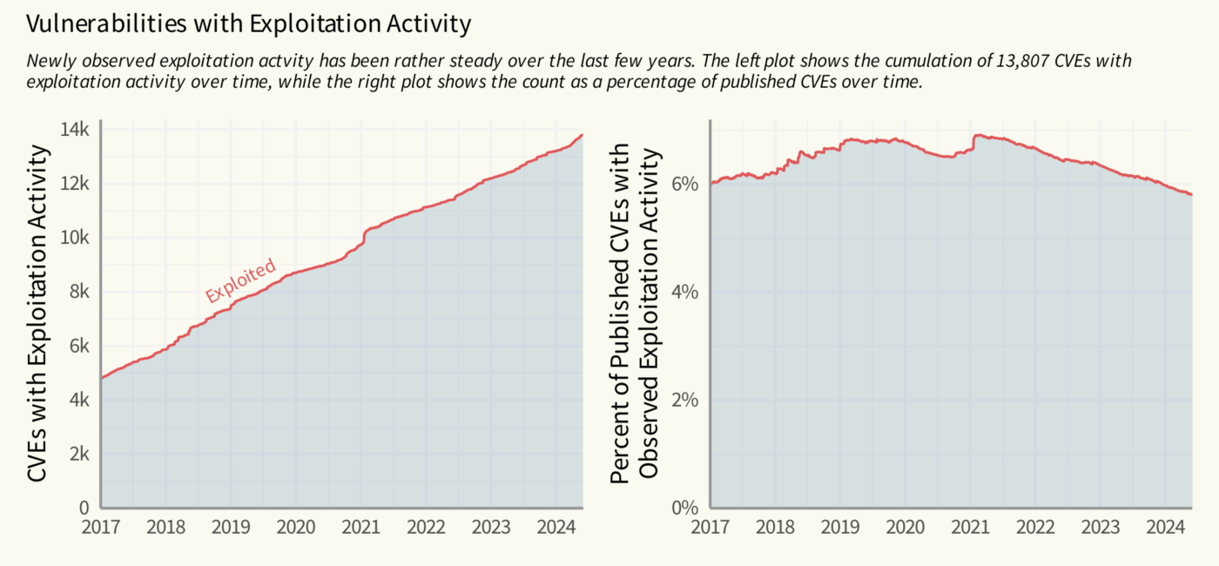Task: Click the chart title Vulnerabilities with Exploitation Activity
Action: (249, 24)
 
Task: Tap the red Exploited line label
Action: (240, 280)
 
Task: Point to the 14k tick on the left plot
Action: (76, 130)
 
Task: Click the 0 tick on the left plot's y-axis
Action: (84, 508)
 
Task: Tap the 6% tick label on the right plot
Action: (684, 184)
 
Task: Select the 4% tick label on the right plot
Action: (684, 292)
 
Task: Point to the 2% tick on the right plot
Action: (684, 400)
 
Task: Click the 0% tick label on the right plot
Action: (684, 508)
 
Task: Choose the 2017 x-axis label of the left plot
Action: (101, 528)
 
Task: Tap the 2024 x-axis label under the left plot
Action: (554, 528)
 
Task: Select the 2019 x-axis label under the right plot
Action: (840, 528)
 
